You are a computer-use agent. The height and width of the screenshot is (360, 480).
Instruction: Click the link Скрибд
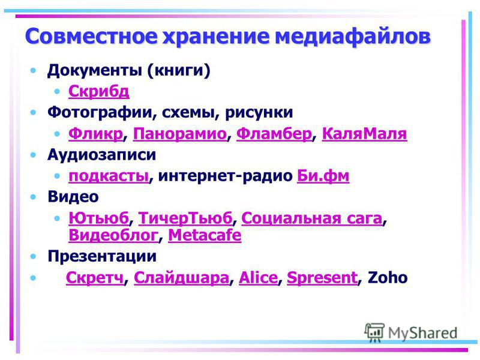pyautogui.click(x=99, y=91)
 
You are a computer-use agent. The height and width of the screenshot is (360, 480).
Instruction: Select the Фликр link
pyautogui.click(x=96, y=134)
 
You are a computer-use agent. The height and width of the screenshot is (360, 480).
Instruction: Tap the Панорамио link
pyautogui.click(x=179, y=134)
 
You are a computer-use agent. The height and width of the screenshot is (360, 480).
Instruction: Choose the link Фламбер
pyautogui.click(x=274, y=134)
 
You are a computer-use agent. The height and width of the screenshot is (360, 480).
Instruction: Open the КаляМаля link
pyautogui.click(x=365, y=134)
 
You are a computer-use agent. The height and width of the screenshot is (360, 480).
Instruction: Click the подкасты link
pyautogui.click(x=109, y=176)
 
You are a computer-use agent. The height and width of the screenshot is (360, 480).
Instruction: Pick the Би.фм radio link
pyautogui.click(x=323, y=176)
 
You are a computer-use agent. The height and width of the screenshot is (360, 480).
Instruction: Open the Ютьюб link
pyautogui.click(x=98, y=218)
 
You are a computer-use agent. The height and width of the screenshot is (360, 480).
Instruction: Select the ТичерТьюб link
pyautogui.click(x=185, y=218)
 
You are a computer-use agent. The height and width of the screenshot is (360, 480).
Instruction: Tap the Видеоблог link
pyautogui.click(x=113, y=235)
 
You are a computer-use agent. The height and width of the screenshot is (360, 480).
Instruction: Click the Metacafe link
pyautogui.click(x=205, y=235)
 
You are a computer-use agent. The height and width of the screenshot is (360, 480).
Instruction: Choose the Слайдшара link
pyautogui.click(x=182, y=278)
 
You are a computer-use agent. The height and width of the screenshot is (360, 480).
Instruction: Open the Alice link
pyautogui.click(x=258, y=278)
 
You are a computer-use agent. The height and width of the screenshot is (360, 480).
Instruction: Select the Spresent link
pyautogui.click(x=322, y=278)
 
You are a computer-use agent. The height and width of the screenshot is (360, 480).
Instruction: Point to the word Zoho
pyautogui.click(x=388, y=278)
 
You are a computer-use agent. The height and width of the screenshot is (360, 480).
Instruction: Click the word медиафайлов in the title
pyautogui.click(x=353, y=37)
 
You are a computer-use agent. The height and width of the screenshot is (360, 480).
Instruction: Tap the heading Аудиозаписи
pyautogui.click(x=101, y=155)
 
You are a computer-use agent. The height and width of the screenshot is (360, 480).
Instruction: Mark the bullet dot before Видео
pyautogui.click(x=33, y=197)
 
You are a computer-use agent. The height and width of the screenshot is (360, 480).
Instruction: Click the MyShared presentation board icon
pyautogui.click(x=374, y=332)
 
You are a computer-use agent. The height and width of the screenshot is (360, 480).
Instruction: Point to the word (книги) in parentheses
pyautogui.click(x=178, y=70)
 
